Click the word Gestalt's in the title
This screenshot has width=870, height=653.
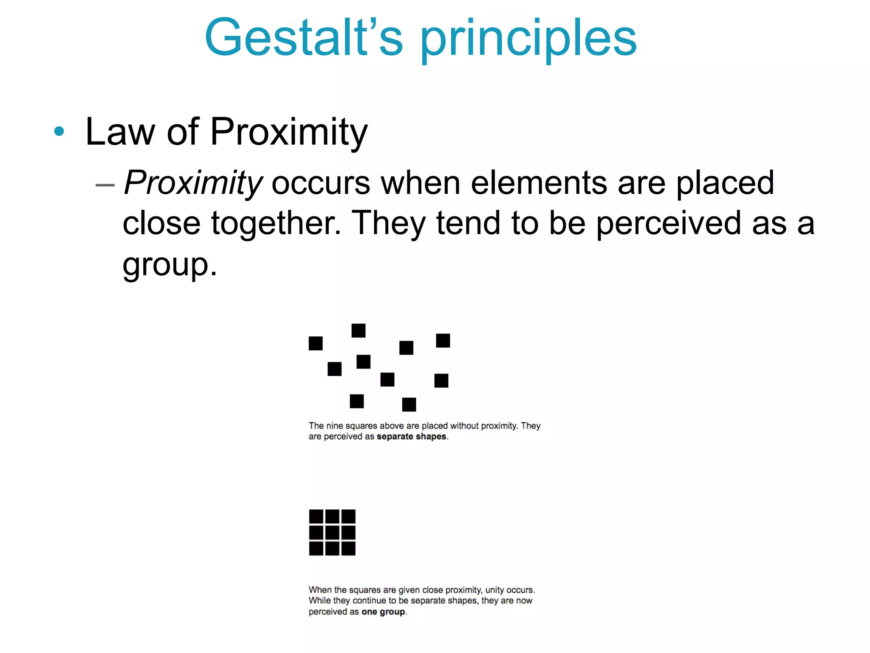pos(303,38)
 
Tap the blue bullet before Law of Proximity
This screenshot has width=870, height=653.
pos(59,131)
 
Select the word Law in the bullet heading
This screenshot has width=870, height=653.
pos(120,132)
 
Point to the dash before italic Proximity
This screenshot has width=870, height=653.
pos(105,185)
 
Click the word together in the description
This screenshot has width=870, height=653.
pos(276,224)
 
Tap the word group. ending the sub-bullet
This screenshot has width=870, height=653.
pos(169,265)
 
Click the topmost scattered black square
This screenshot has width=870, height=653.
pos(359,330)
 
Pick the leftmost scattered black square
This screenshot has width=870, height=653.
pos(316,343)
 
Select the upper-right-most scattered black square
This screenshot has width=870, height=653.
pos(443,341)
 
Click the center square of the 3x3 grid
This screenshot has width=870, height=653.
pos(332,532)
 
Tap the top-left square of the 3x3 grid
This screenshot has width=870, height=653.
pos(316,517)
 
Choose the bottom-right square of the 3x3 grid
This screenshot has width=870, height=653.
pos(348,548)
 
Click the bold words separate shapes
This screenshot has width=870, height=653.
pos(411,437)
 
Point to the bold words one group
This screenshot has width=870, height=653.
pos(383,612)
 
